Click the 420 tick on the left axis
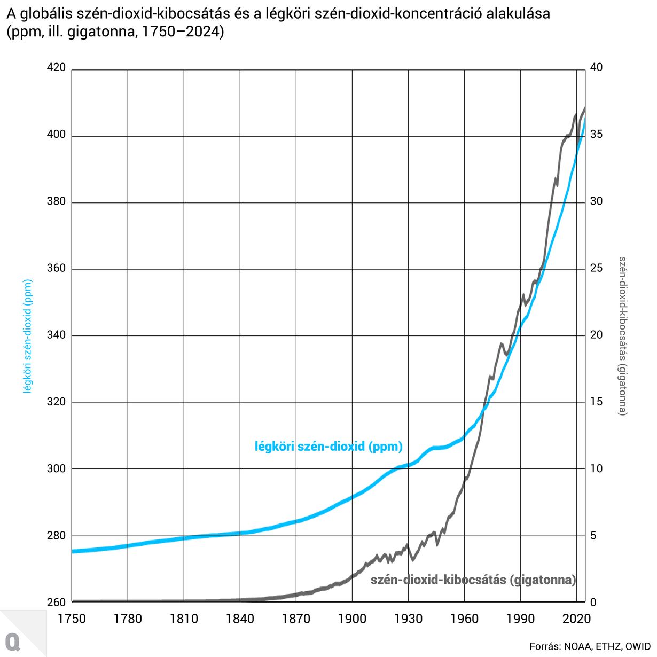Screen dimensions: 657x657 [57, 68]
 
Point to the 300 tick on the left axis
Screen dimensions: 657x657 [57, 468]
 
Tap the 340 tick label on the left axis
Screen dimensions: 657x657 [57, 335]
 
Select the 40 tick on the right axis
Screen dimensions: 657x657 [596, 68]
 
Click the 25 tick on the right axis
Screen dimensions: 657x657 [596, 268]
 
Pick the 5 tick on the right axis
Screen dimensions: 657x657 [593, 535]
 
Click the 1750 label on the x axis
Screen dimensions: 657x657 [72, 619]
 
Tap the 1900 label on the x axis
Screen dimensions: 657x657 [352, 619]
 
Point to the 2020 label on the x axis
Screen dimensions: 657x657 [576, 619]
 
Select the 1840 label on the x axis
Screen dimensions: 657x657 [240, 619]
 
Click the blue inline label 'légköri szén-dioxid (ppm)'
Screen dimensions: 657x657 [328, 447]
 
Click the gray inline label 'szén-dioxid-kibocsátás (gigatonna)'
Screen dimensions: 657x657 [473, 580]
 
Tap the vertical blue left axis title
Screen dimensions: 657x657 [28, 336]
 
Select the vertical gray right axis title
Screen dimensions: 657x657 [623, 336]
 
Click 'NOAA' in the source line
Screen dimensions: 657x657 [576, 646]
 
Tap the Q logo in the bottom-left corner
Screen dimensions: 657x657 [13, 641]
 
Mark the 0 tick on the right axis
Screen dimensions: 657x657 [593, 602]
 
